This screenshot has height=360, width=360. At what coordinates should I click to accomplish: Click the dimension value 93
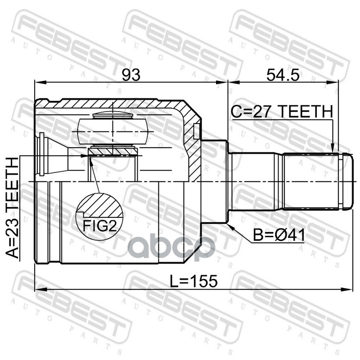coord(131,75)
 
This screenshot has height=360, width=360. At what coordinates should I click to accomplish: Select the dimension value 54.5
coord(283,75)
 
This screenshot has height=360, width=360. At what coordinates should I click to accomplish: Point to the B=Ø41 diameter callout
coord(279,235)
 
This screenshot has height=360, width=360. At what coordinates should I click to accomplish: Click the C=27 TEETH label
coord(282,112)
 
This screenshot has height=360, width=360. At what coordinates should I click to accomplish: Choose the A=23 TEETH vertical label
coord(12,208)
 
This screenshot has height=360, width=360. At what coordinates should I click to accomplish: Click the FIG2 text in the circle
coord(99,225)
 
